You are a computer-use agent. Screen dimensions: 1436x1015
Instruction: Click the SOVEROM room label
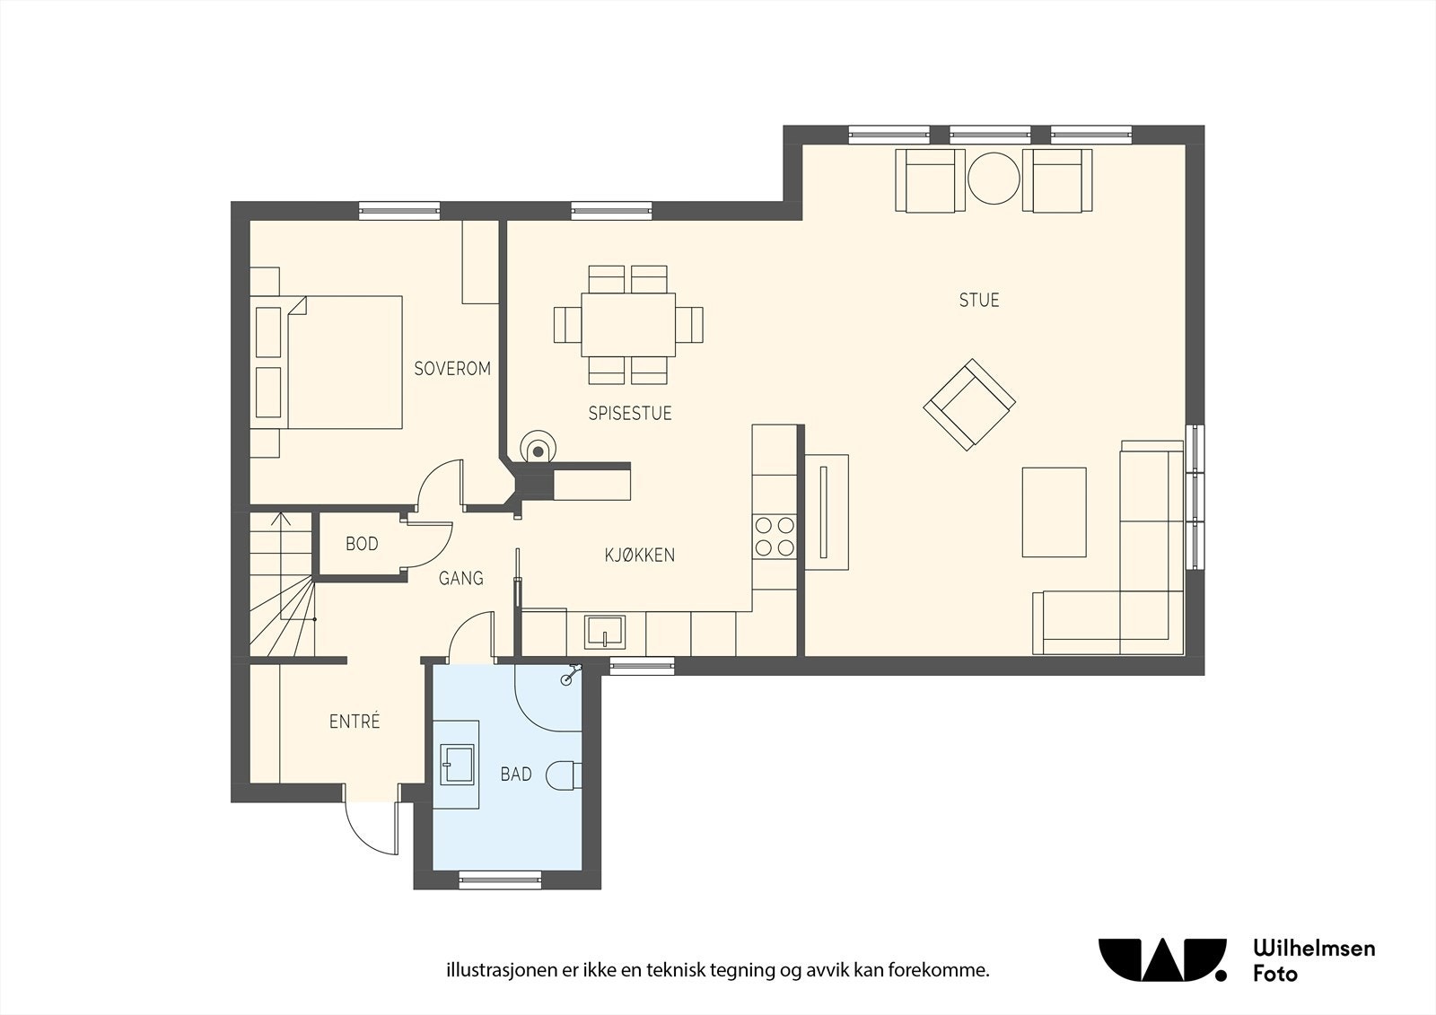pyautogui.click(x=452, y=369)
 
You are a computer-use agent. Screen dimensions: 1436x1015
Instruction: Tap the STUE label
pyautogui.click(x=979, y=300)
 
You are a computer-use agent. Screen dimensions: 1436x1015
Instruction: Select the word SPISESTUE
pyautogui.click(x=629, y=414)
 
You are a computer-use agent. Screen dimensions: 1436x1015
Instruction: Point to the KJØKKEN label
pyautogui.click(x=639, y=556)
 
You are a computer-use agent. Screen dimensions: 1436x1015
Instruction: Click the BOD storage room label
pyautogui.click(x=362, y=545)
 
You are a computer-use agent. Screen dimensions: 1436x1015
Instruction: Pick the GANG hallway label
pyautogui.click(x=460, y=579)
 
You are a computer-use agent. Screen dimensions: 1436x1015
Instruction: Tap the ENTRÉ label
pyautogui.click(x=355, y=722)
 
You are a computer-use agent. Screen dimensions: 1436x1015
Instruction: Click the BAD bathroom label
pyautogui.click(x=516, y=774)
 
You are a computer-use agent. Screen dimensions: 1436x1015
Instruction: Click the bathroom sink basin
pyautogui.click(x=457, y=765)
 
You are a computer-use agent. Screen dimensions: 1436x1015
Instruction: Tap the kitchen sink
pyautogui.click(x=604, y=632)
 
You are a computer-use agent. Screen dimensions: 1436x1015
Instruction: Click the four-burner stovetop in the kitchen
pyautogui.click(x=775, y=537)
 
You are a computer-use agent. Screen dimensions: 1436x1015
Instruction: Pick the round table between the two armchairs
pyautogui.click(x=994, y=179)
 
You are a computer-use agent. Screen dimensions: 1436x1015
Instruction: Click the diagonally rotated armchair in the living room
pyautogui.click(x=969, y=405)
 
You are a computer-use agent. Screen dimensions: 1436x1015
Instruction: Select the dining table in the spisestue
pyautogui.click(x=628, y=325)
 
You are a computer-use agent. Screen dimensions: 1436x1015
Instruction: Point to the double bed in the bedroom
pyautogui.click(x=327, y=363)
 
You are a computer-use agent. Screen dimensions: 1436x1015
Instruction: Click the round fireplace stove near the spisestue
pyautogui.click(x=538, y=446)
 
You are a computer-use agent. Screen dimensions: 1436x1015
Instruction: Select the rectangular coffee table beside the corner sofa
pyautogui.click(x=1054, y=512)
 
